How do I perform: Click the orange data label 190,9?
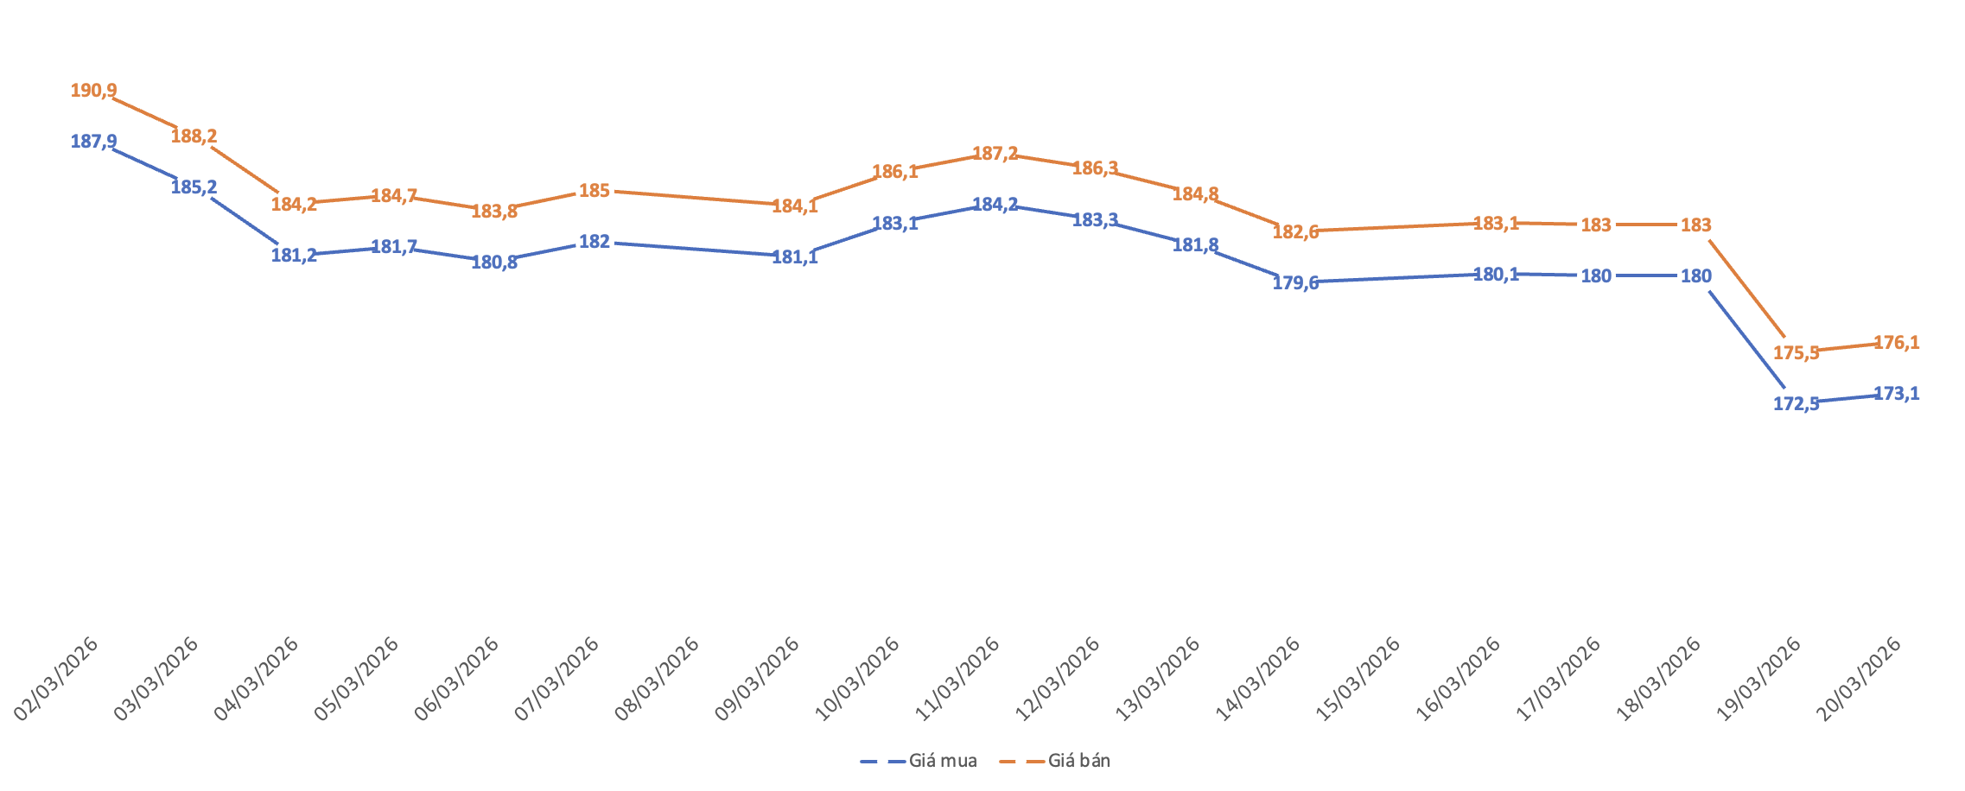click(93, 91)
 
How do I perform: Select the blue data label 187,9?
click(93, 142)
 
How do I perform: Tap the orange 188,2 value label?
click(194, 136)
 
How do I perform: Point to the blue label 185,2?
click(194, 187)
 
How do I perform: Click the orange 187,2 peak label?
click(995, 154)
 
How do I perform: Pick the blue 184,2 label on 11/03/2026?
click(995, 205)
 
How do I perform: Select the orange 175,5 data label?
click(1796, 352)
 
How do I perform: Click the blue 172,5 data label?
click(1796, 403)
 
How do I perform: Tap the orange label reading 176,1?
click(1896, 343)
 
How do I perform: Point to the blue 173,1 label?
click(1896, 394)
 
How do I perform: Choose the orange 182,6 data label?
click(1295, 231)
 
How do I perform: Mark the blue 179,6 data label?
click(1295, 282)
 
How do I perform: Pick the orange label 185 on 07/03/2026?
click(595, 191)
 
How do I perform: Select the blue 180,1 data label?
click(1495, 275)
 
